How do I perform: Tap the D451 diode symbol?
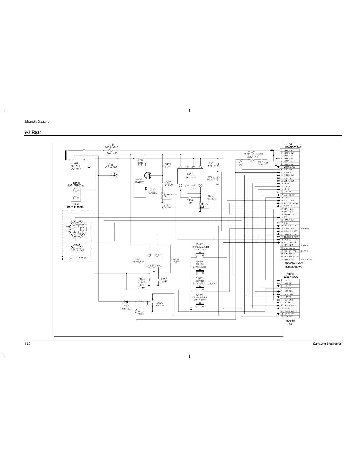(x=146, y=188)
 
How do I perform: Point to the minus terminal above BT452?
(x=75, y=198)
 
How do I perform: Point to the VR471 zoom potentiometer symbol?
(x=251, y=160)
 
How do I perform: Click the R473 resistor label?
(x=240, y=162)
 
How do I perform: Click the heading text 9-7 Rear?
(x=32, y=132)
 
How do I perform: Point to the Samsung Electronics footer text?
(x=327, y=344)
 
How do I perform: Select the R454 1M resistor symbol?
(x=190, y=198)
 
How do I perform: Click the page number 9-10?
(x=27, y=344)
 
